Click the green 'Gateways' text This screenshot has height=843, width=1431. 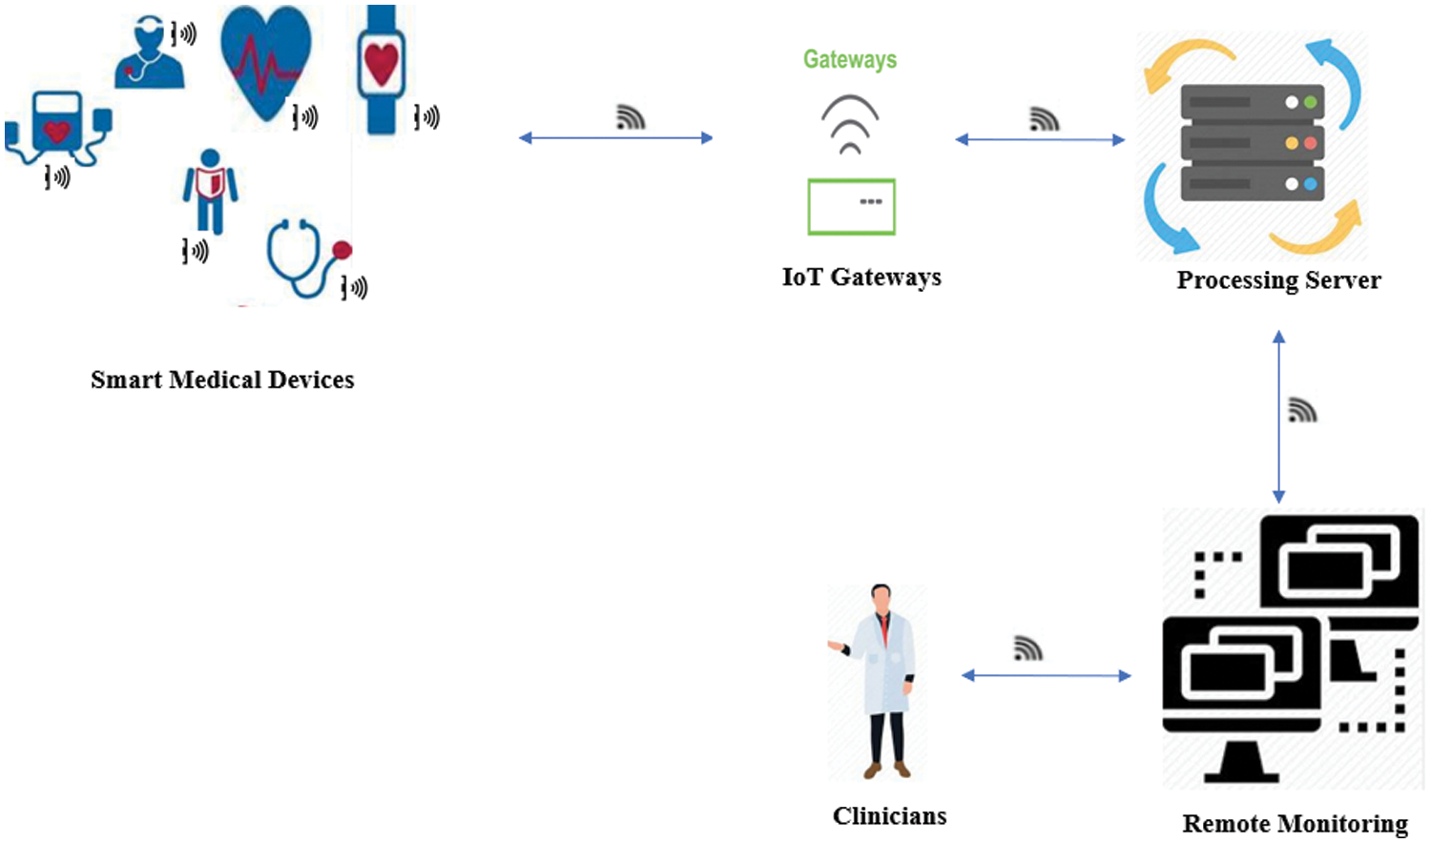point(849,59)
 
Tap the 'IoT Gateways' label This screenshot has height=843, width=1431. point(861,278)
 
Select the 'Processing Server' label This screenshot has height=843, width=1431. point(1278,280)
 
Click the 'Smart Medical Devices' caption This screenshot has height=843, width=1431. point(222,380)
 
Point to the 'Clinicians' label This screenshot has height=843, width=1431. point(889,816)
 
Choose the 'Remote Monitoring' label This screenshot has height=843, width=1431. point(1295,823)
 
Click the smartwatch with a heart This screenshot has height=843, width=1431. point(381,69)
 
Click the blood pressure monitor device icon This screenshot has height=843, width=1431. point(57,130)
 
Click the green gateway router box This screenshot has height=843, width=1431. point(851,207)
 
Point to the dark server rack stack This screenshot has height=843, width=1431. point(1252,143)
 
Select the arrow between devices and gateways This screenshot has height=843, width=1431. point(615,138)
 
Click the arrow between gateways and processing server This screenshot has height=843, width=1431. point(1040,140)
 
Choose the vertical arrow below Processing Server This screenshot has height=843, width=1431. point(1278,417)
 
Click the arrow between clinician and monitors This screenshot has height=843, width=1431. point(1047,676)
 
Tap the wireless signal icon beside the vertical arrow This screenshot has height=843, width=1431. point(1302,410)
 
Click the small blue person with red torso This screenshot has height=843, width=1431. point(210,190)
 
